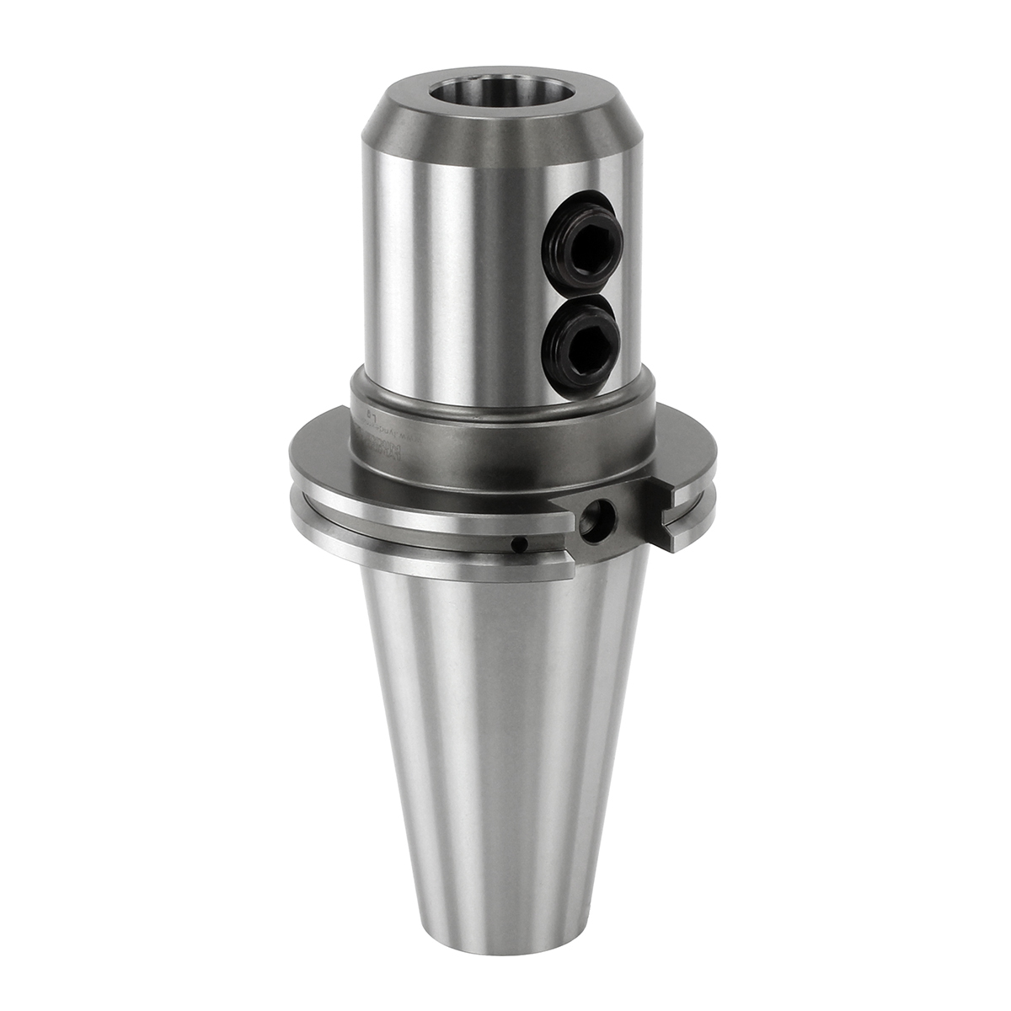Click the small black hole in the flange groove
point(522,546)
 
